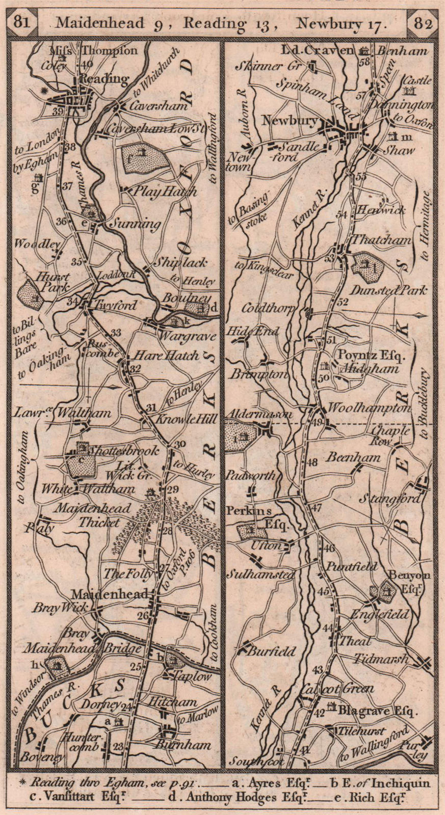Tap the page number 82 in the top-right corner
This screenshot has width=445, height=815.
coord(423,22)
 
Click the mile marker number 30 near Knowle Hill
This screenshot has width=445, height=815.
coord(179,444)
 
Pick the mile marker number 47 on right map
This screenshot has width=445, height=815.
coord(317,508)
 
